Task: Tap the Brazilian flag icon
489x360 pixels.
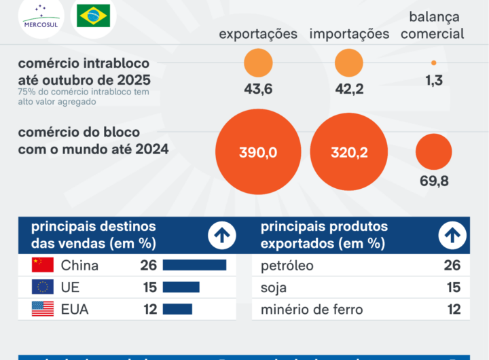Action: point(93,15)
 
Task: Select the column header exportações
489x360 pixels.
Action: point(258,34)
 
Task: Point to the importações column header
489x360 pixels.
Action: point(349,34)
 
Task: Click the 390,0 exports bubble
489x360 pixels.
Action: point(258,153)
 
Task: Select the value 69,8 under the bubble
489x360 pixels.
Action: point(435,181)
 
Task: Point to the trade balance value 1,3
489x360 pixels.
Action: point(434,80)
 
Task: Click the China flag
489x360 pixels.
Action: point(43,265)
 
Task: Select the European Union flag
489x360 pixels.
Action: point(43,287)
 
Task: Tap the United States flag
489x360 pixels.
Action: point(43,310)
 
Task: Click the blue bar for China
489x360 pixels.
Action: point(194,265)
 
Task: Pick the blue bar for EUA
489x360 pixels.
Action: point(177,310)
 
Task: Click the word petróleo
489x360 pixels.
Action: point(287,266)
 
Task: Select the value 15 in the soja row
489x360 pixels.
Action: point(453,288)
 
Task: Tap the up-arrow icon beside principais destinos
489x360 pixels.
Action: point(222,236)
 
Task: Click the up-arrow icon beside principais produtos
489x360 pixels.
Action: point(452,236)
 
